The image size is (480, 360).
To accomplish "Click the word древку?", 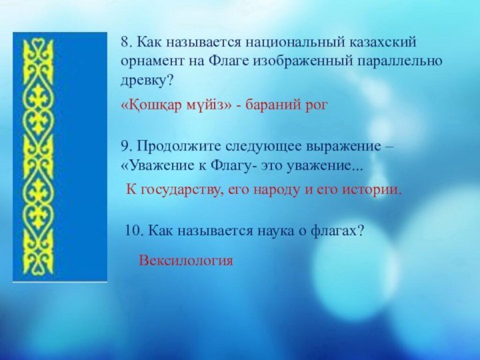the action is [x=147, y=81].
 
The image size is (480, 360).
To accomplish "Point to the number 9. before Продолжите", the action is [x=127, y=146].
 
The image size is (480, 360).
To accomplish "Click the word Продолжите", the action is [x=179, y=146].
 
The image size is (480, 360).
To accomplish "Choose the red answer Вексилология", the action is [x=186, y=261].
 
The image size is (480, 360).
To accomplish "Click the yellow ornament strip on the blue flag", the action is [x=39, y=157].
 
